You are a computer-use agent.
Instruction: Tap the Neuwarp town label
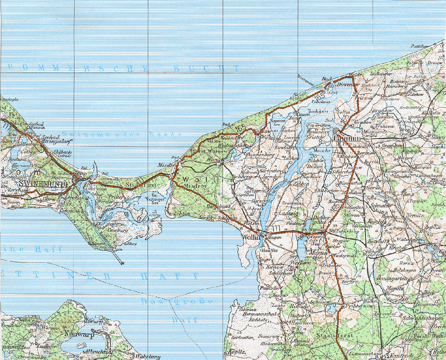point(80,334)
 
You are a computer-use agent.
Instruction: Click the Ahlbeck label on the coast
point(62,153)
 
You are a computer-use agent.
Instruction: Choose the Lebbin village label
point(182,214)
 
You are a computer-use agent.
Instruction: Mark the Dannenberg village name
point(260,155)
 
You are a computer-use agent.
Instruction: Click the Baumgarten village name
point(391,279)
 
